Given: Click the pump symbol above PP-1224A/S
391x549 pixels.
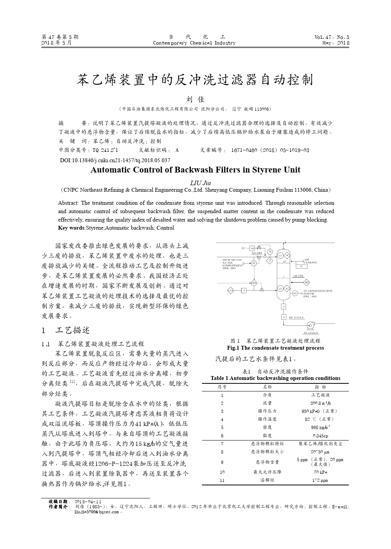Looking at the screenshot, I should pyautogui.click(x=309, y=326).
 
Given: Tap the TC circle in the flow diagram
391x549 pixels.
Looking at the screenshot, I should pyautogui.click(x=270, y=252).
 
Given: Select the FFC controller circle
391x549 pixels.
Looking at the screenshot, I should pyautogui.click(x=254, y=283).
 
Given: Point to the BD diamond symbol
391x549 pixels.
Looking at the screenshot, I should pyautogui.click(x=307, y=283).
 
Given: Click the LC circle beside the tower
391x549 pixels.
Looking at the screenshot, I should pyautogui.click(x=295, y=293).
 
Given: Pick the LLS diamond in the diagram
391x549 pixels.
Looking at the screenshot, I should pyautogui.click(x=231, y=291).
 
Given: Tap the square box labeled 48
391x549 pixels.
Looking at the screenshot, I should pyautogui.click(x=253, y=248).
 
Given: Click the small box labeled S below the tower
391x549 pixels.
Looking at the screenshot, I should pyautogui.click(x=284, y=317).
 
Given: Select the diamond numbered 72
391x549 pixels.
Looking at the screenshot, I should pyautogui.click(x=270, y=260).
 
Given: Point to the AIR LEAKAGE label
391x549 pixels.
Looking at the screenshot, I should pyautogui.click(x=310, y=261).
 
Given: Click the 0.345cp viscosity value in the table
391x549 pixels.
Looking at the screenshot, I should pyautogui.click(x=320, y=436).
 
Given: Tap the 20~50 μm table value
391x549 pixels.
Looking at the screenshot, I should pyautogui.click(x=320, y=452).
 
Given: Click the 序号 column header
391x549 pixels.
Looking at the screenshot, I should pyautogui.click(x=222, y=387).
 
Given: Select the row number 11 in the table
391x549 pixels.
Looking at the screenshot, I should pyautogui.click(x=222, y=480).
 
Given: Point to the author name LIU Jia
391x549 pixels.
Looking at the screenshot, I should pyautogui.click(x=200, y=183).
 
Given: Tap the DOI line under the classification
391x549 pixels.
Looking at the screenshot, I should pyautogui.click(x=115, y=160).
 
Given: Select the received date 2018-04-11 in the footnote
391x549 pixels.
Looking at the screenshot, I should pyautogui.click(x=88, y=501).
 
